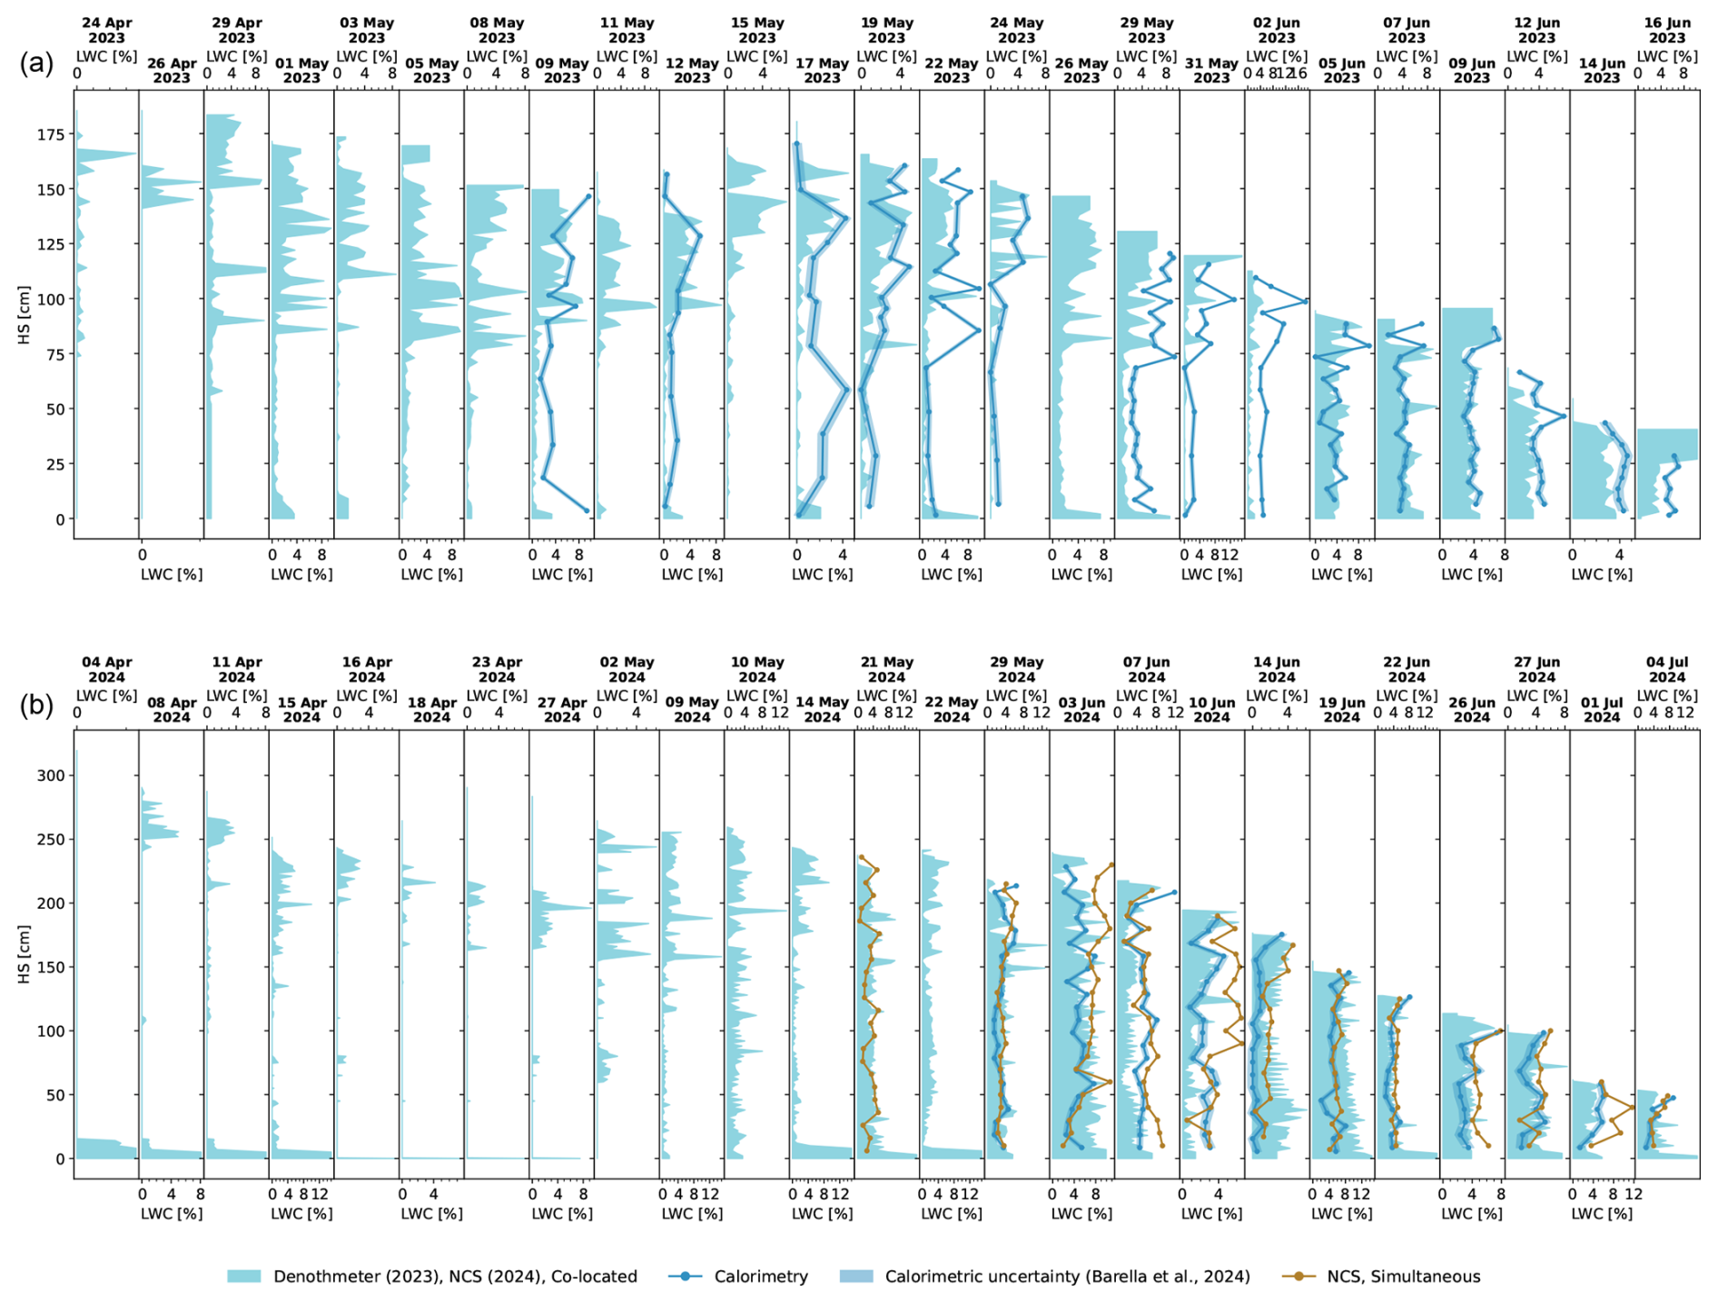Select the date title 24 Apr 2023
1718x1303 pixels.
107,30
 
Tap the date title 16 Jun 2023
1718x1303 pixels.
1667,30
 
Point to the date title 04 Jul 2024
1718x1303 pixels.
1667,669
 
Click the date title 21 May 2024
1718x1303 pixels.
886,669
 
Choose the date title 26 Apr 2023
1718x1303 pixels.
172,70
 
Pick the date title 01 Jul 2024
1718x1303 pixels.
1602,709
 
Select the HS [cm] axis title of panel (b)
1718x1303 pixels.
25,954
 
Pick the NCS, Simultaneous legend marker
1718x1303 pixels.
1299,1277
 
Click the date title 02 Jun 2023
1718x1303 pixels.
1277,30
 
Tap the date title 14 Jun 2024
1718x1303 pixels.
1277,669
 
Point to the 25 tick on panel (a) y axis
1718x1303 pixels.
56,464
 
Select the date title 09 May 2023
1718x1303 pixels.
562,70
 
